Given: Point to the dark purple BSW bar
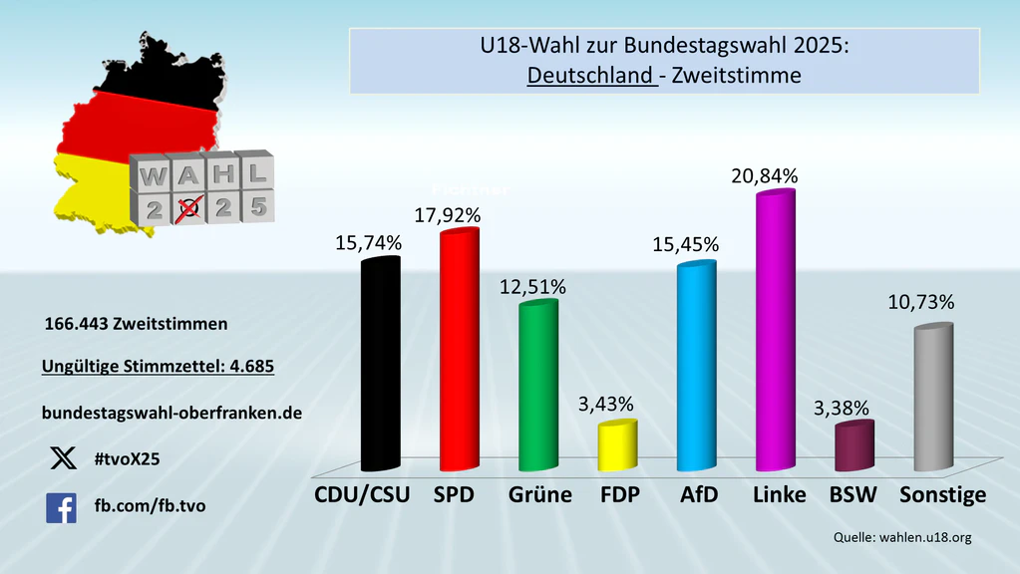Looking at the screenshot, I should (853, 447).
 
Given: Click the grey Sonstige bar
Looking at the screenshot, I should (933, 399).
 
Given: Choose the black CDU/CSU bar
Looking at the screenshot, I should (380, 365).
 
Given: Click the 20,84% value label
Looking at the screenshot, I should (763, 176).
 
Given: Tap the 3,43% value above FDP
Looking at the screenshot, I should (605, 405).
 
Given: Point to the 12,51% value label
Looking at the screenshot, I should (532, 287).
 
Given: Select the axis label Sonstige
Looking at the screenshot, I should (942, 495).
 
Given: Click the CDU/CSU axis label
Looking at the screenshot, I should (362, 495).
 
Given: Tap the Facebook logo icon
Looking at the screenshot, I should (61, 508).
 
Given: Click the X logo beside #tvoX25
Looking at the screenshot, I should (62, 458).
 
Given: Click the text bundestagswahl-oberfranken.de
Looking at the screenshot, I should (171, 412).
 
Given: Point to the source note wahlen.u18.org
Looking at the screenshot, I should (923, 538).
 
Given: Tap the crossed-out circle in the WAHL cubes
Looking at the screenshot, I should (185, 208).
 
